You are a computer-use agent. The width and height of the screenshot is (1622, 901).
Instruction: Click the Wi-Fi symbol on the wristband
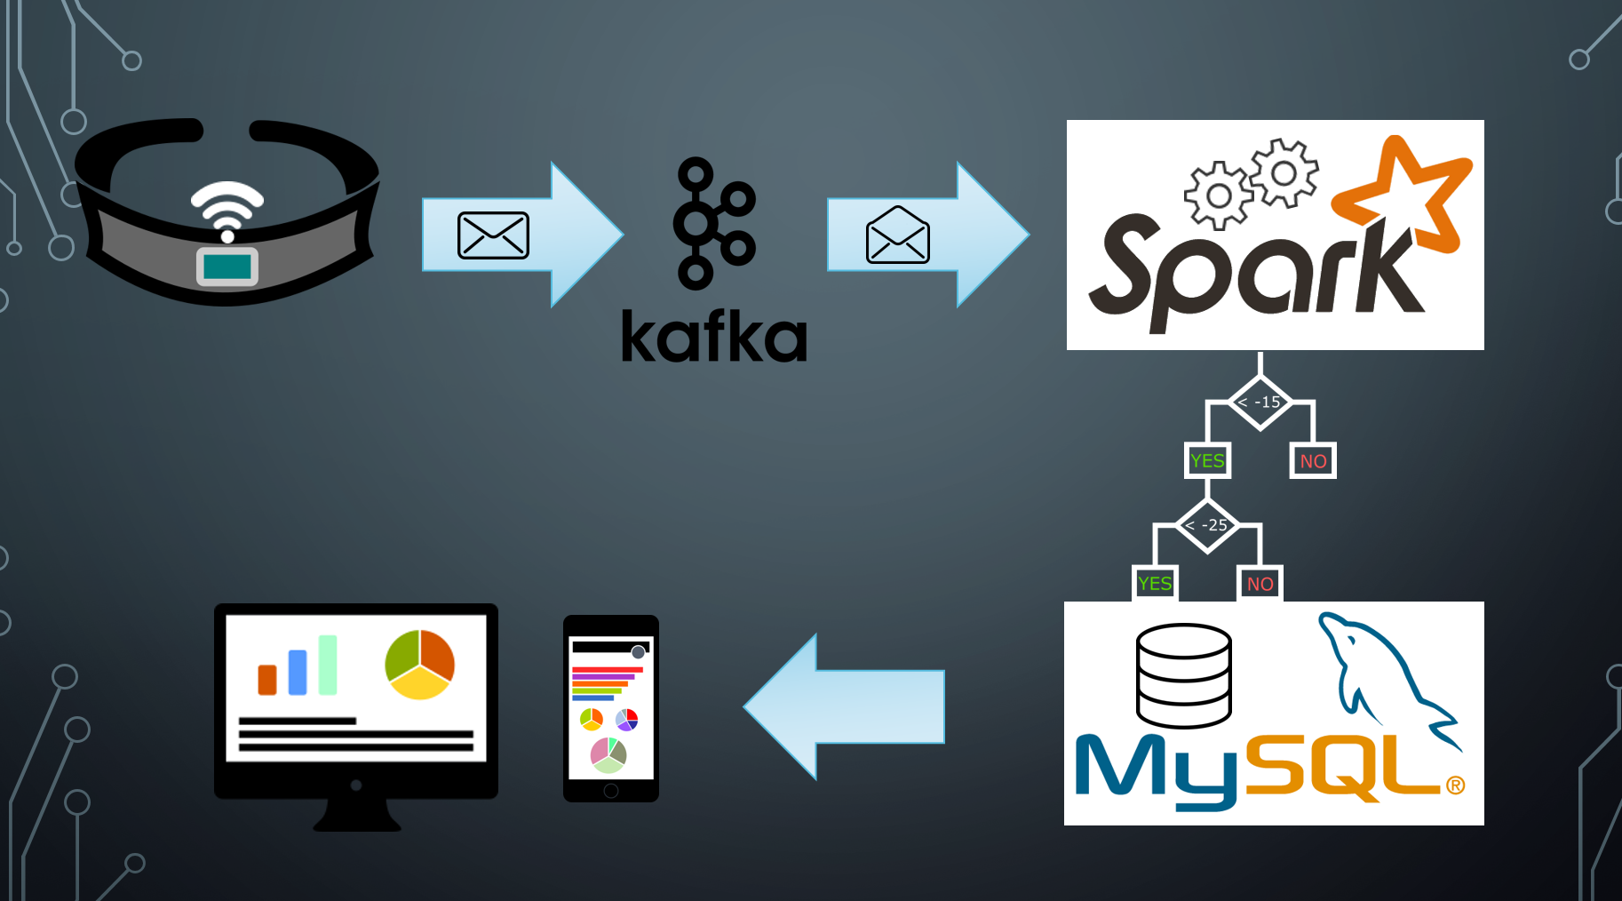(227, 210)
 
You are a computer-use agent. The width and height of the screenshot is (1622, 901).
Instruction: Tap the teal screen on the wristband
(227, 266)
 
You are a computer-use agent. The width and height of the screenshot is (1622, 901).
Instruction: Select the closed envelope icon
(493, 235)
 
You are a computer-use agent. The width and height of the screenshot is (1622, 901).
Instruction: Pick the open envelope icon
(897, 235)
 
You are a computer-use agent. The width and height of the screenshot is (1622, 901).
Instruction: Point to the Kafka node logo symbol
(713, 223)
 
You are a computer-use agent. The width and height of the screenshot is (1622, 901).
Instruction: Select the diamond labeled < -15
(1260, 403)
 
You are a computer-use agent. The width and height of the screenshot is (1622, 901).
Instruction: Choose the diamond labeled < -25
(1207, 525)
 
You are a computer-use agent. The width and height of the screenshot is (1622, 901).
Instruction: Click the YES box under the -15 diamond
(1207, 460)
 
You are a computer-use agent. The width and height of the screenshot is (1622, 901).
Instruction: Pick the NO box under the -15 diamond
(1313, 460)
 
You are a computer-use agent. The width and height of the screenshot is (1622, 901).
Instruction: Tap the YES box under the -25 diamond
(1155, 583)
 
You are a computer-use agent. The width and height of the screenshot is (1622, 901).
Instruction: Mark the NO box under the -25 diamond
(1260, 583)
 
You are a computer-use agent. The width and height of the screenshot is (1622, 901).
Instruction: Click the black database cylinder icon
(1184, 675)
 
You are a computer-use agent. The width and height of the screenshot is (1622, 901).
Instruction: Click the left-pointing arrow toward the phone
(844, 706)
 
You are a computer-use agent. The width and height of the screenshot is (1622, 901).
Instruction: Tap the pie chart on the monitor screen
(419, 665)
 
